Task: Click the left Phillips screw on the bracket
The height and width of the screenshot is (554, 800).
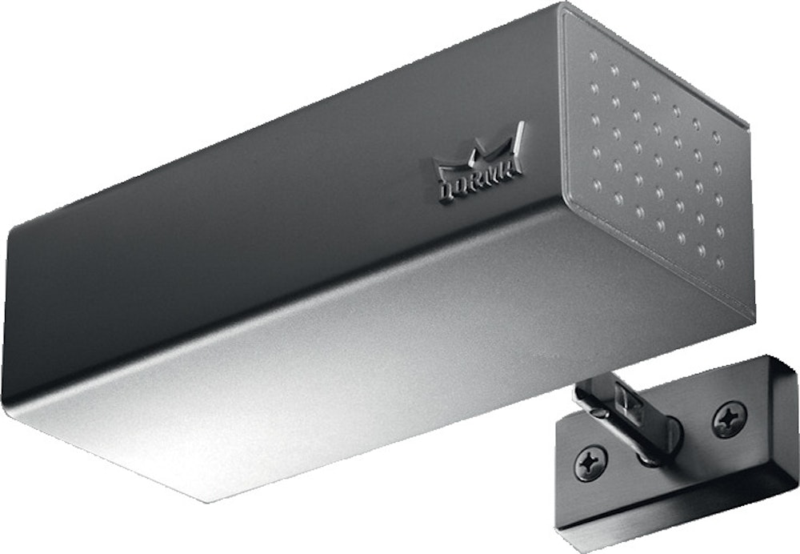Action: click(x=591, y=462)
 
